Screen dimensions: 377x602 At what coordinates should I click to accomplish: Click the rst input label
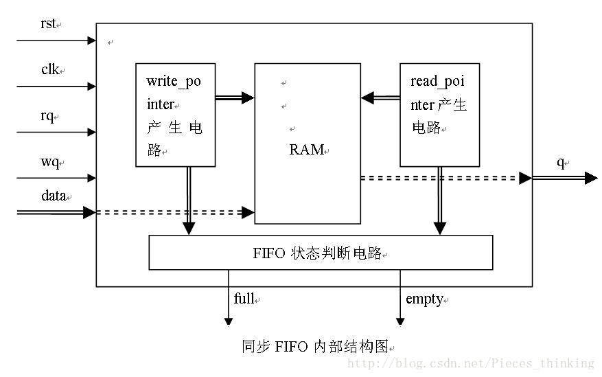coord(48,24)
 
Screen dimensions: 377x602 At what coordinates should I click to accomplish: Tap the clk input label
coord(50,69)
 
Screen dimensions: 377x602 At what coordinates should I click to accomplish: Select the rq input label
coord(47,115)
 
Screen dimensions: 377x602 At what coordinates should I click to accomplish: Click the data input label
coord(54,196)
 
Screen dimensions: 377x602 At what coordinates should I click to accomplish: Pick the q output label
coord(560,162)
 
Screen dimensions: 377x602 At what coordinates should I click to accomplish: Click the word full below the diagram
coord(244,299)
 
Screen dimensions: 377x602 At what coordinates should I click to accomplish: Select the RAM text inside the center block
coord(306,149)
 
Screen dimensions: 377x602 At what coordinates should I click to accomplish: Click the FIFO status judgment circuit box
coord(321,253)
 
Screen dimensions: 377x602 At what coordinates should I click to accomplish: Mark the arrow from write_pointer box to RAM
coord(235,98)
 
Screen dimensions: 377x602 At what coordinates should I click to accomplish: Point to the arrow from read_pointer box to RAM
coord(380,98)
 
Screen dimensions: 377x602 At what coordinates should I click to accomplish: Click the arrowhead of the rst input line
coord(92,41)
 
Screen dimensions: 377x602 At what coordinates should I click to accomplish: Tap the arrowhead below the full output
coord(229,321)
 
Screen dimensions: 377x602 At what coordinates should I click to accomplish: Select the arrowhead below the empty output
coord(400,321)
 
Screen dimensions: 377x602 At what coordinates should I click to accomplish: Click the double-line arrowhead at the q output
coord(591,179)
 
